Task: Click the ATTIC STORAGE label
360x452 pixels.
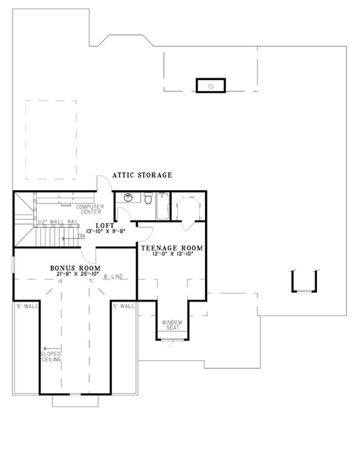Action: coord(142,175)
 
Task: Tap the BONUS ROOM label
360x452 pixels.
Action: coord(75,268)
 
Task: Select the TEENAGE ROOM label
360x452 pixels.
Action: coord(172,248)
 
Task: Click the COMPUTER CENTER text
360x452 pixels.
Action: coord(90,209)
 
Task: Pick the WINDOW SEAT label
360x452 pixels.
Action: coord(171,325)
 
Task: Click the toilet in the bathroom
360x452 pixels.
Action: coord(148,198)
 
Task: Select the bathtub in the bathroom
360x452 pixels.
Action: coord(162,206)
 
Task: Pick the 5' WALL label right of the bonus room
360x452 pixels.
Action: coord(124,306)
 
